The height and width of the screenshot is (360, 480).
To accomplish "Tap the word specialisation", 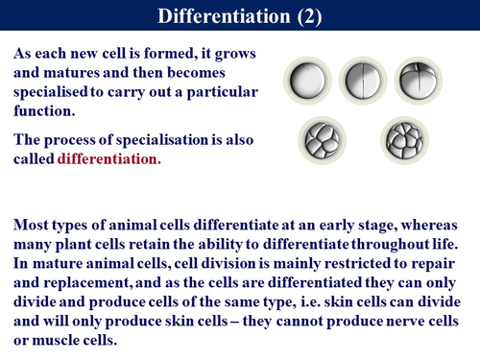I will point(169,139).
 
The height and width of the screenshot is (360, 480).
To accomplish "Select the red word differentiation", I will point(109,158).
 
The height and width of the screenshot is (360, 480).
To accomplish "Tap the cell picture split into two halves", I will point(361,81).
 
